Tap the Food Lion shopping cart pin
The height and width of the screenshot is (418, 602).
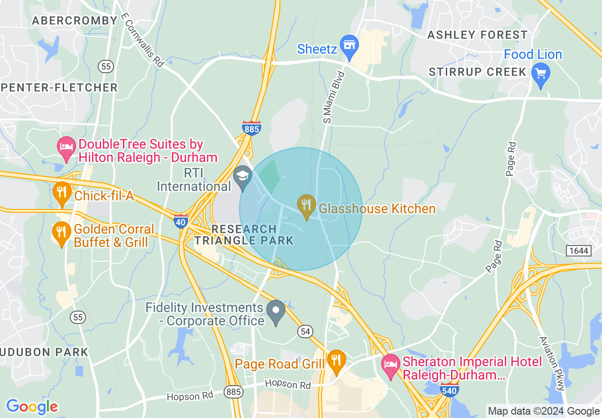541,74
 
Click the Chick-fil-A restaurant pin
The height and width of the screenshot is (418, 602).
62,192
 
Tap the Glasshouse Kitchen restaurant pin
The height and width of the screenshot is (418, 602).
307,206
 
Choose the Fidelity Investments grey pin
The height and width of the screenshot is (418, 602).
276,311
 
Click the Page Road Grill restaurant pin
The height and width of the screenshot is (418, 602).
336,361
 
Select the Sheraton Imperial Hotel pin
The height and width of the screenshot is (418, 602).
391,365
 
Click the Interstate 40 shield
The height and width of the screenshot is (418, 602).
181,221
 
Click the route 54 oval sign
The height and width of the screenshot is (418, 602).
305,332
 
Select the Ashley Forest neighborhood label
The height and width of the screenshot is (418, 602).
477,35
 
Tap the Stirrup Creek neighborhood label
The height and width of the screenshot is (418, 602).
477,72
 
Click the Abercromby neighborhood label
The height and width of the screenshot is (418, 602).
74,20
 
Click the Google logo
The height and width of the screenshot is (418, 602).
32,407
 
